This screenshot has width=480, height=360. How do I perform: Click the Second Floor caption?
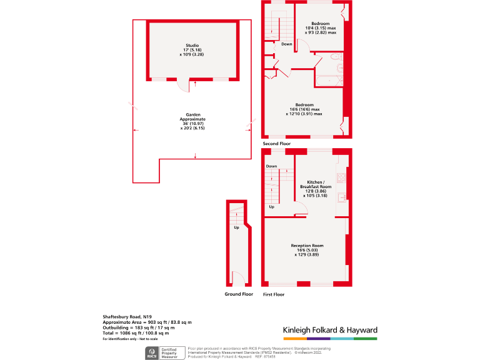277,144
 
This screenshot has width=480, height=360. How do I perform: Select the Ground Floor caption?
239,294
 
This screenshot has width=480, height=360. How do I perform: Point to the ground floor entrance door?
237,278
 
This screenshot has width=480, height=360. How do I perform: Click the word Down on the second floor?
286,44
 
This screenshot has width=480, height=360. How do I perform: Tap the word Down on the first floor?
271,166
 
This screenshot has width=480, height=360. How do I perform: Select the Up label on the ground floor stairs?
236,227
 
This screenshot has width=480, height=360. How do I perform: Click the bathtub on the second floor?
328,80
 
